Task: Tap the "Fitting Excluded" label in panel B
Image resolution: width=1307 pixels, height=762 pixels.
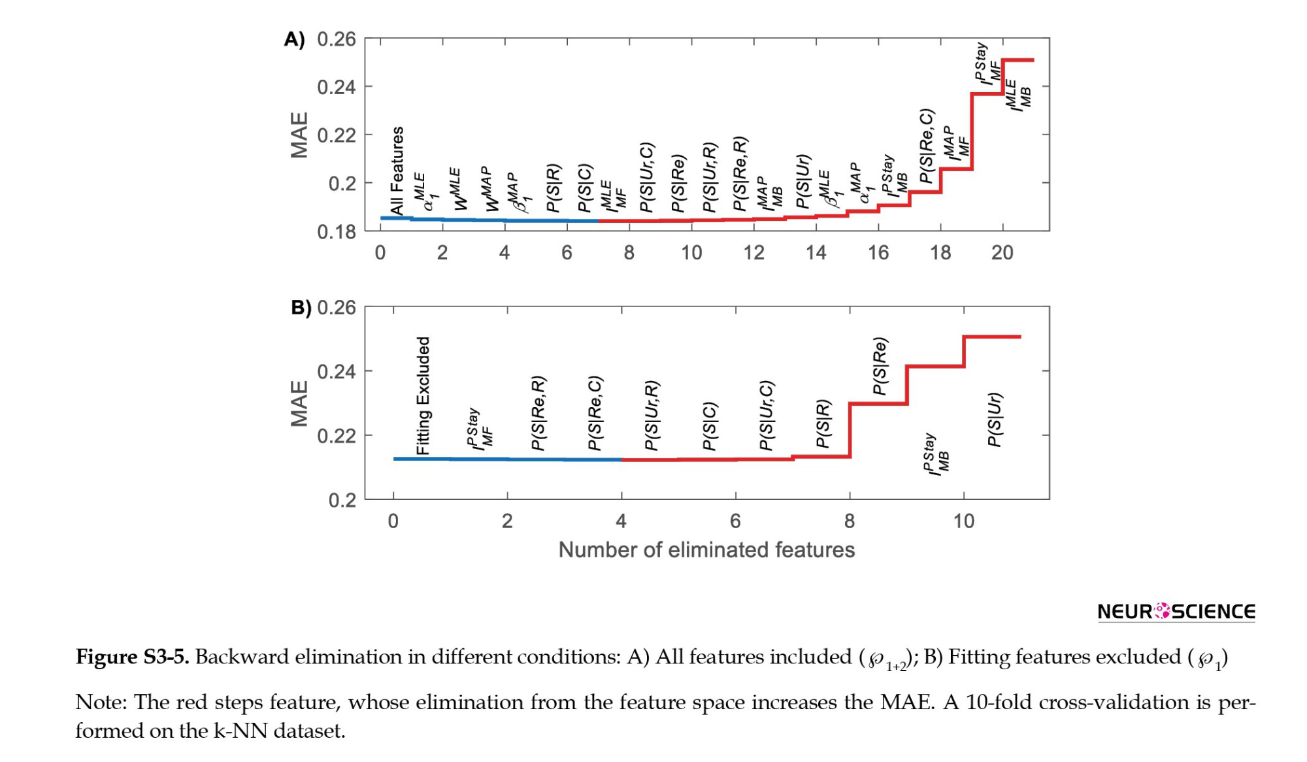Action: point(423,395)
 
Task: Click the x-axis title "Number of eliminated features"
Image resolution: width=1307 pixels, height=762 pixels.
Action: point(706,550)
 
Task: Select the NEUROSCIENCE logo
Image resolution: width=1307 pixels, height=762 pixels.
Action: point(1176,612)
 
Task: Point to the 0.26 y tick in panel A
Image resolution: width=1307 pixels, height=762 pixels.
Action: point(337,39)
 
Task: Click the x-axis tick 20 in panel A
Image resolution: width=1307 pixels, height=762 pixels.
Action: point(1002,252)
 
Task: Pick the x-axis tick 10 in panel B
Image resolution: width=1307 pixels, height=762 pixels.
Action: point(964,521)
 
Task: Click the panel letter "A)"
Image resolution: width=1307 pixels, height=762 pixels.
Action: point(294,39)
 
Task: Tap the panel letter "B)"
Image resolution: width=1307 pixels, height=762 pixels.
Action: point(301,307)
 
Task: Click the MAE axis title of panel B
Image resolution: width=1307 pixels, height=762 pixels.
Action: point(299,403)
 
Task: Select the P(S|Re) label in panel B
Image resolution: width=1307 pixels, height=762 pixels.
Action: point(880,366)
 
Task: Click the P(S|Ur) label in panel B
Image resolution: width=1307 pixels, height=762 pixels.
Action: point(994,420)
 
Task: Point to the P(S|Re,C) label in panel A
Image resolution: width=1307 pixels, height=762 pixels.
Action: point(926,146)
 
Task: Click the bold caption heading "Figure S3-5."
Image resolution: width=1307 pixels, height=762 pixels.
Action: point(133,657)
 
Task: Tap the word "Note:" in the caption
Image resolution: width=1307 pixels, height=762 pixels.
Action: point(101,703)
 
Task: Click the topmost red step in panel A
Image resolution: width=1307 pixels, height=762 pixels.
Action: point(1018,60)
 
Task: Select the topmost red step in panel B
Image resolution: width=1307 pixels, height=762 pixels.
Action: point(992,337)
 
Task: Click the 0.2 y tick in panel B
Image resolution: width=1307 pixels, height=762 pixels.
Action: point(342,500)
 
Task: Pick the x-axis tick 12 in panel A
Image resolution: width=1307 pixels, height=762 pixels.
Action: point(753,252)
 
